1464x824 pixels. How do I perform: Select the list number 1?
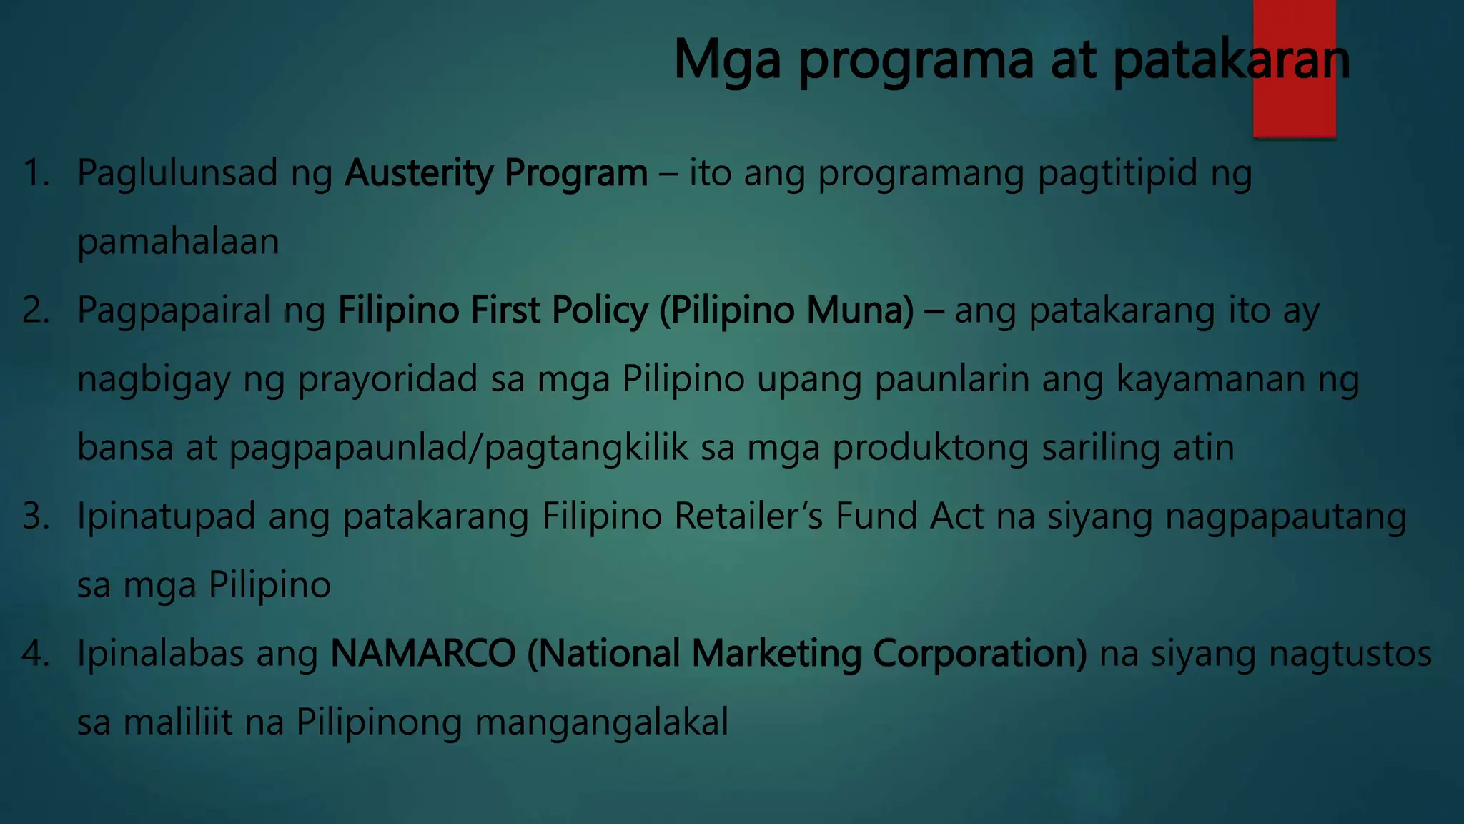click(x=36, y=173)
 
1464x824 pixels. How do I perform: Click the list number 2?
click(x=36, y=310)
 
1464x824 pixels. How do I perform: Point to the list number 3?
click(x=36, y=516)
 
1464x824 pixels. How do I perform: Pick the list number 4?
click(x=36, y=654)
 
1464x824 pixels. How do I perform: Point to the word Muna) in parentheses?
click(x=860, y=310)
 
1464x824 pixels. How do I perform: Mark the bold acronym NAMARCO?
click(x=422, y=654)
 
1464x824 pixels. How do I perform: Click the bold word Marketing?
click(x=776, y=654)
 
